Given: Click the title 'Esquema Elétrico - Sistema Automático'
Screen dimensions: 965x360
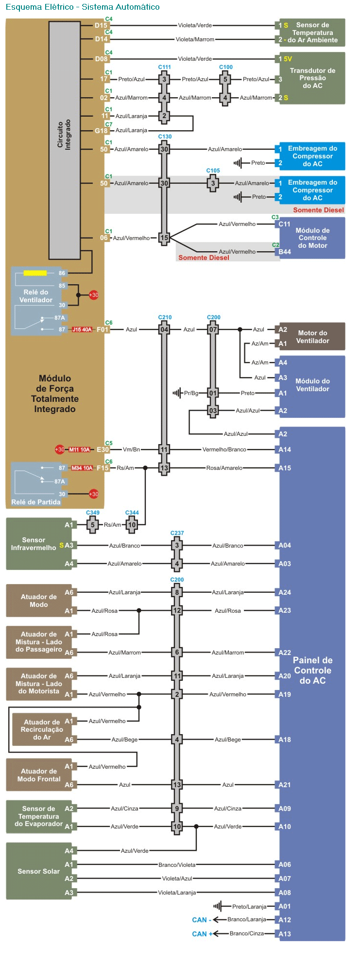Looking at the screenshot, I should (83, 7).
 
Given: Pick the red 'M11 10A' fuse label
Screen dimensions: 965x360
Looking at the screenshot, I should (79, 449).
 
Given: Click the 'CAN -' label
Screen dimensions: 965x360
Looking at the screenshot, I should (201, 920).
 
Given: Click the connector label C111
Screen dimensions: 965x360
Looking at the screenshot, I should (164, 67).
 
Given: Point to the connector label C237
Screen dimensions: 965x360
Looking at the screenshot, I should (177, 533).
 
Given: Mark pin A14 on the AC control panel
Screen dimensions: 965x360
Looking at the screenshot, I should (285, 449).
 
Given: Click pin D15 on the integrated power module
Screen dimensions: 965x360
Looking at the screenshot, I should (101, 25).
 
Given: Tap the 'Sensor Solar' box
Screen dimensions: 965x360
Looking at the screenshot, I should (39, 871).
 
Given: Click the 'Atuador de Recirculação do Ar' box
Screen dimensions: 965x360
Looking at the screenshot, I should (42, 729).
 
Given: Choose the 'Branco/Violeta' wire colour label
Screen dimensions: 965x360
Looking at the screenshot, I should (177, 865).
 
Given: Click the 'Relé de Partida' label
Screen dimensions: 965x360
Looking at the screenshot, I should (36, 502).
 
